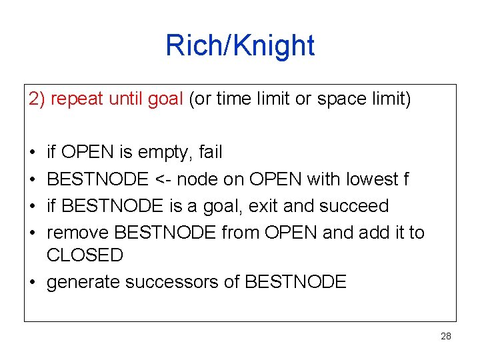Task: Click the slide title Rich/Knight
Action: [240, 46]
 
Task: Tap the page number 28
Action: [446, 336]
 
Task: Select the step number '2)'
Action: [37, 99]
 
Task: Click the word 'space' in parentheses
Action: [340, 99]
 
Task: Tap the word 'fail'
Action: [211, 152]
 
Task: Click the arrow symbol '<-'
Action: [165, 179]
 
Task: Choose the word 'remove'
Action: [79, 232]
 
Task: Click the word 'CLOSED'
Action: [85, 255]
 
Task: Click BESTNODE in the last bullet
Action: [295, 282]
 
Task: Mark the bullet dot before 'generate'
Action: [33, 282]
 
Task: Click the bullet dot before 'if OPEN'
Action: [33, 153]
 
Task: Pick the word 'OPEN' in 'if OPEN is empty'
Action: [88, 152]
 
